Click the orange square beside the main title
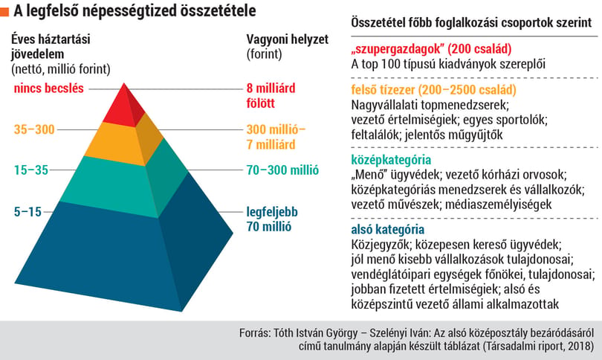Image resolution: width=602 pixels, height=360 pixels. [x=4, y=12]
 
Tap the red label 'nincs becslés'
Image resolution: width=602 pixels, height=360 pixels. [x=49, y=89]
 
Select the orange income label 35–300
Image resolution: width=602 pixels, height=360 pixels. [x=34, y=129]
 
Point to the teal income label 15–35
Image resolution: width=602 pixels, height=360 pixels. [x=31, y=170]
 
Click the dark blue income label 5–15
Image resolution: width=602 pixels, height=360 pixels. [x=27, y=212]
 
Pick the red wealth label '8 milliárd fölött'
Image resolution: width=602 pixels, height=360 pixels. [x=271, y=96]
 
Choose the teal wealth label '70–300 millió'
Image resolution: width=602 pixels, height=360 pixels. [x=282, y=170]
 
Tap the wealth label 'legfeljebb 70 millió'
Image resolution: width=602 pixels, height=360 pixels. [x=272, y=219]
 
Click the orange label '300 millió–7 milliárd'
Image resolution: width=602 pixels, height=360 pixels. [x=276, y=137]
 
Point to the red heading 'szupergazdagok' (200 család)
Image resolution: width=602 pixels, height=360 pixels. [x=431, y=49]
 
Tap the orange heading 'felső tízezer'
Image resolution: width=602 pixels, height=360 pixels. [x=433, y=90]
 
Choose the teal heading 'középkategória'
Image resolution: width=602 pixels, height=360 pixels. [x=391, y=160]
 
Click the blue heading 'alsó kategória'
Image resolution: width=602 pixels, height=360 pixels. [x=387, y=230]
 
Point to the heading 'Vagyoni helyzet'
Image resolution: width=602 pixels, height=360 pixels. [x=287, y=39]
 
